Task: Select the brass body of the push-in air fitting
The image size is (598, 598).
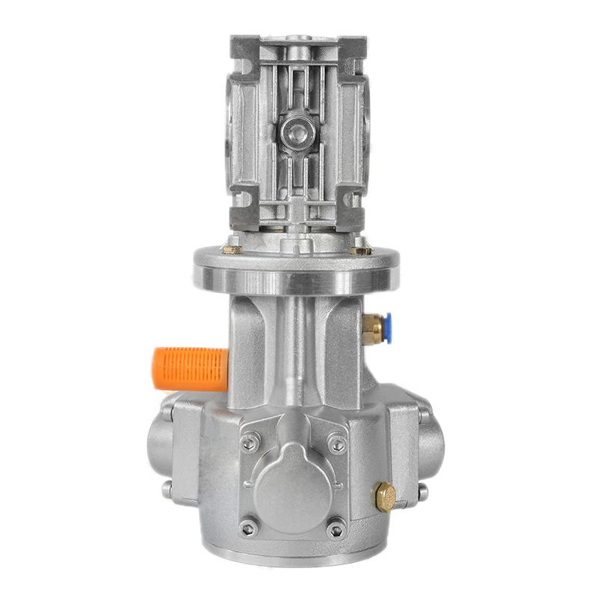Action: [371, 329]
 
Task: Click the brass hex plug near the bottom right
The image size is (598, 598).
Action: [386, 496]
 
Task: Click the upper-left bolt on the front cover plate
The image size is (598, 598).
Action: [250, 443]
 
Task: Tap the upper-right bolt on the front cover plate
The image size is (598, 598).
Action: [337, 444]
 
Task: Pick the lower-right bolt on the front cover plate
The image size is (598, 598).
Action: [336, 528]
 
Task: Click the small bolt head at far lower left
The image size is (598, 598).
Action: [167, 490]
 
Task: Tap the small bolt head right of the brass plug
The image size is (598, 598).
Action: [423, 492]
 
